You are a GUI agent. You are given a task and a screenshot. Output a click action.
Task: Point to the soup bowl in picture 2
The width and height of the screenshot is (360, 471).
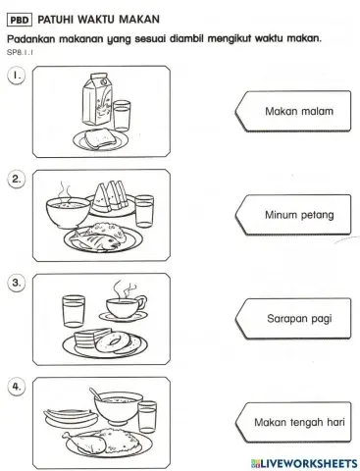point(65,212)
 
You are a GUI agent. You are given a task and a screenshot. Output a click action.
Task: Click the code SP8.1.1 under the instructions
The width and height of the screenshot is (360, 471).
point(19,51)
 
